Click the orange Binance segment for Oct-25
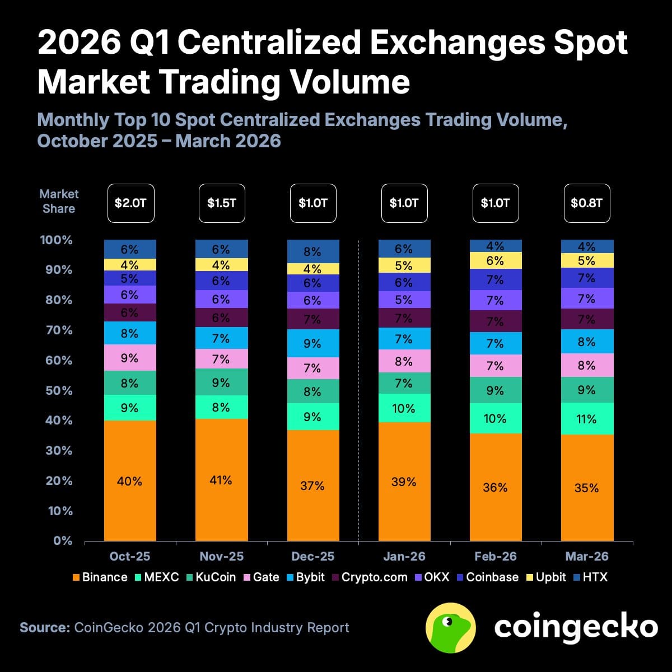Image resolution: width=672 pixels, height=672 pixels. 130,480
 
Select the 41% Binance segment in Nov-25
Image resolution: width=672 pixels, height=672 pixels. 221,480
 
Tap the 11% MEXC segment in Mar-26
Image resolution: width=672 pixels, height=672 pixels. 587,419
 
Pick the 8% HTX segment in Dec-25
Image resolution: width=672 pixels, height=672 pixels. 312,251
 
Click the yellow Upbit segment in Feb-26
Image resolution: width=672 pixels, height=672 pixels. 495,260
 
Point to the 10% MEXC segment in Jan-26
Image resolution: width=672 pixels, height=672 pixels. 404,408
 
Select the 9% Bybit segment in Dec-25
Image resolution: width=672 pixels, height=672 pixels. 312,343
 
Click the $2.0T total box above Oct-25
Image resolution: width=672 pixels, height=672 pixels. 130,203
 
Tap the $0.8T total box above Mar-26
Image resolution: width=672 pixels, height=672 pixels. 586,203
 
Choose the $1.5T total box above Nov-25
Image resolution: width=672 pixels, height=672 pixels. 222,203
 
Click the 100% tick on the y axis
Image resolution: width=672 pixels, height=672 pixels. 56,240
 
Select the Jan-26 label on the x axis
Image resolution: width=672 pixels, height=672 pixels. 404,557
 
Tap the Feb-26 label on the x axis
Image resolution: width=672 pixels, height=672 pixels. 495,557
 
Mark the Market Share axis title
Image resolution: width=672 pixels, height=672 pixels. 59,201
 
